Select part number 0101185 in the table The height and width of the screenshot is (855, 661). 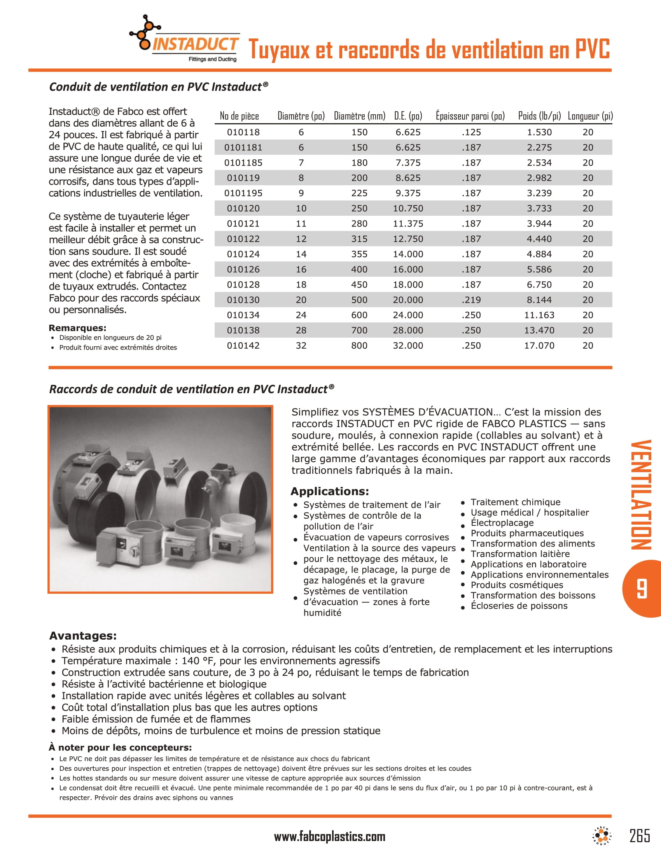pyautogui.click(x=243, y=163)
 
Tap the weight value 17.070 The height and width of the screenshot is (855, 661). pyautogui.click(x=539, y=345)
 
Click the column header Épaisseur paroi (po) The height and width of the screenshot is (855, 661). pyautogui.click(x=470, y=116)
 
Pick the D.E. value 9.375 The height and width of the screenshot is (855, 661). pyautogui.click(x=407, y=194)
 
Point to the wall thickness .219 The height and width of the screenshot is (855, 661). pyautogui.click(x=471, y=300)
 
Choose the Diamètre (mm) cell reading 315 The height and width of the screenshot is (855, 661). pyautogui.click(x=359, y=239)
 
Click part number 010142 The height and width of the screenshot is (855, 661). pyautogui.click(x=243, y=345)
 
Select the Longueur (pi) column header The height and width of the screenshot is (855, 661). pyautogui.click(x=590, y=116)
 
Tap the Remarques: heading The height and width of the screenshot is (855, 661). pyautogui.click(x=77, y=328)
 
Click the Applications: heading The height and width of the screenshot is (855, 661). pyautogui.click(x=329, y=491)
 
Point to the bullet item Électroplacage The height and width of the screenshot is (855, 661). pyautogui.click(x=502, y=523)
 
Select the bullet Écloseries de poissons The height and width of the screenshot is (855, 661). pyautogui.click(x=518, y=606)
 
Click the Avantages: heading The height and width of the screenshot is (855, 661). pyautogui.click(x=82, y=635)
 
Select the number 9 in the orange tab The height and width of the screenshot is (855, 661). pyautogui.click(x=641, y=589)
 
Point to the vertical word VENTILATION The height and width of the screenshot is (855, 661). pyautogui.click(x=641, y=495)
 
